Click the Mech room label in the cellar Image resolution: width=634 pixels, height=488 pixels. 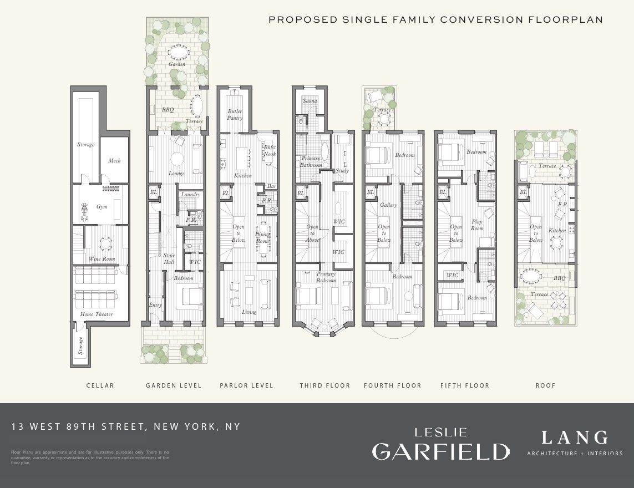point(114,161)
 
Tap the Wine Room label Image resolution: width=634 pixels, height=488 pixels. point(102,259)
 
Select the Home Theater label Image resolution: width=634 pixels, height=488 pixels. point(97,314)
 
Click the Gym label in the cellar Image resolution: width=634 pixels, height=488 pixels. point(102,207)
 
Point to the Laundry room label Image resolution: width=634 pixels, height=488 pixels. point(191,195)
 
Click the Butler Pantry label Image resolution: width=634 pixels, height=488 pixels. point(235,115)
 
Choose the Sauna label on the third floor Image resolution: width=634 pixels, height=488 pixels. point(310,101)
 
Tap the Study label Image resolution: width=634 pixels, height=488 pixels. point(342,171)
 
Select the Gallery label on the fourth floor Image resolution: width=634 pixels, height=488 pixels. point(388,205)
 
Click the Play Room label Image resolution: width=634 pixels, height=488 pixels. point(477,225)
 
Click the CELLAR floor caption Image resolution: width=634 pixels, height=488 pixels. point(100,385)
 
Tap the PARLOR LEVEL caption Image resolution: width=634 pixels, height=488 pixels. point(247,385)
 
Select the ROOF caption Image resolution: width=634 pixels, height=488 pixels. point(546,385)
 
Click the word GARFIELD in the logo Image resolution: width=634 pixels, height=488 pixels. point(440,451)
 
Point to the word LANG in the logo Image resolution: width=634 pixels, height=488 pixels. point(575,438)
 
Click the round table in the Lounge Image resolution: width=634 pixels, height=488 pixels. point(177,159)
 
